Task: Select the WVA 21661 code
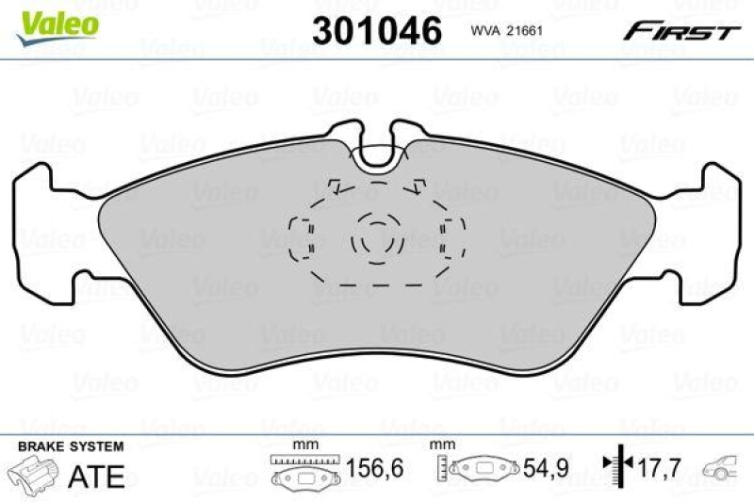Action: [509, 31]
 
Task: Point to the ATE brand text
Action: [97, 476]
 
